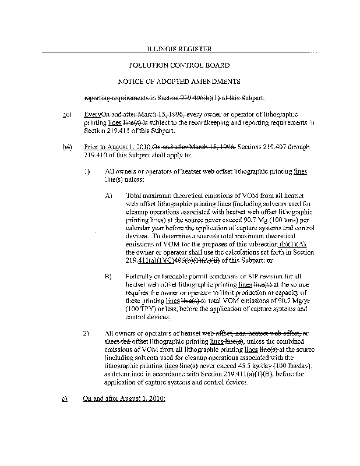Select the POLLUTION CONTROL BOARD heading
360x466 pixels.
pyautogui.click(x=179, y=65)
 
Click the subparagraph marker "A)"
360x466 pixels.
pyautogui.click(x=108, y=196)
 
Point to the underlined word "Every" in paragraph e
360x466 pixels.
pyautogui.click(x=93, y=115)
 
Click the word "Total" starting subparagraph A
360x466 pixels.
pyautogui.click(x=134, y=196)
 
